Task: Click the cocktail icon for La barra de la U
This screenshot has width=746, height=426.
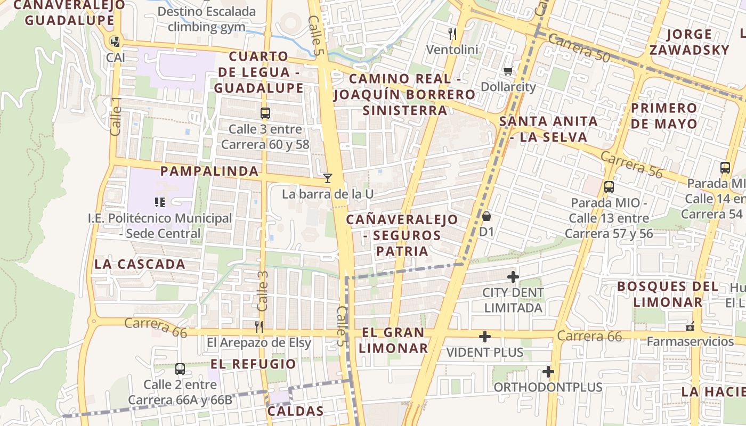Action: pos(328,178)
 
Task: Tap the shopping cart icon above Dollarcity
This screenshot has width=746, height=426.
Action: pos(508,71)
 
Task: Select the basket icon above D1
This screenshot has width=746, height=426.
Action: pos(486,216)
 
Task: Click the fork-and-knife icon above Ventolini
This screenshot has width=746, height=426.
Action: pos(452,34)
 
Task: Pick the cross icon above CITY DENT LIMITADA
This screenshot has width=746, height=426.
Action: pos(513,277)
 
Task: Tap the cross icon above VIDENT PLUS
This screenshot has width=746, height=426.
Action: pos(485,337)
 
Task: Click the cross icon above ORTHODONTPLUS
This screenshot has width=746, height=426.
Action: pos(548,372)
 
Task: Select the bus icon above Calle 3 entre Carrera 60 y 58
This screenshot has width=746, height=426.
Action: pos(265,113)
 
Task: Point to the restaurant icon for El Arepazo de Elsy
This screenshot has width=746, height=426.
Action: pos(259,326)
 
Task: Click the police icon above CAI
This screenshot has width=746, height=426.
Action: pos(115,41)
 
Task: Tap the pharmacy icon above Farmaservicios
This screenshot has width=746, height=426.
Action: pos(690,326)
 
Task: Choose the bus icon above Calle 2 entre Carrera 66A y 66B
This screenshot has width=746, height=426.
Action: pos(180,368)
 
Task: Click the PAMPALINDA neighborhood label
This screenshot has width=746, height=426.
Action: pos(209,171)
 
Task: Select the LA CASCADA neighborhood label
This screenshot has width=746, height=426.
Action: pos(140,264)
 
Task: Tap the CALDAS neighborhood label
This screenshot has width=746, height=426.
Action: pos(295,411)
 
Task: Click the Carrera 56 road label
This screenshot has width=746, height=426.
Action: pos(631,164)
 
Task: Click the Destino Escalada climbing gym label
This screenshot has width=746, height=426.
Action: pos(207,19)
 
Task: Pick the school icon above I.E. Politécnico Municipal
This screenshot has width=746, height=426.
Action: pos(160,202)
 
